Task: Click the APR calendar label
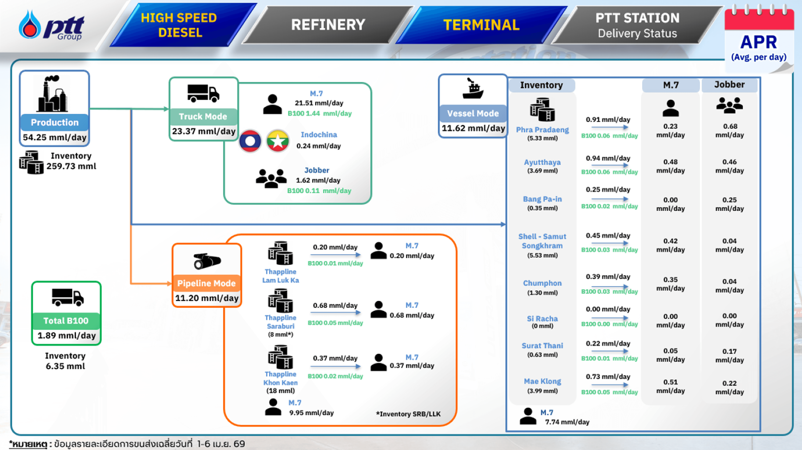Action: (x=759, y=42)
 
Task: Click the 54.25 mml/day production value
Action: (x=55, y=137)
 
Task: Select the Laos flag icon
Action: (x=250, y=141)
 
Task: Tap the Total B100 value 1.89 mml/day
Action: (x=66, y=336)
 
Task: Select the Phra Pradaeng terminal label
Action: (x=542, y=130)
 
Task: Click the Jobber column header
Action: (x=729, y=85)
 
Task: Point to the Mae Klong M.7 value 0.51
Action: (x=670, y=382)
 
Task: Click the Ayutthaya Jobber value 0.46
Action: (x=729, y=162)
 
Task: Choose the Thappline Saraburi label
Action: (x=281, y=322)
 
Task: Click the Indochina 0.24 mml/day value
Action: (x=319, y=146)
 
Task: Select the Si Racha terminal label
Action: (x=542, y=319)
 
